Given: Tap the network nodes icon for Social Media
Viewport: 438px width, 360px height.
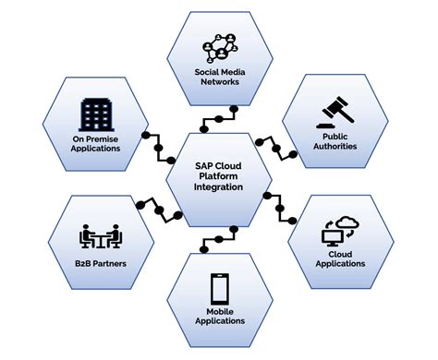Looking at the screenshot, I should (219, 47).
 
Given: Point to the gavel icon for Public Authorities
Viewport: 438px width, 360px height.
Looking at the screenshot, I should (336, 116).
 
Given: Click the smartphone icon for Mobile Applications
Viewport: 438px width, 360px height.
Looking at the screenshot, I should (219, 290).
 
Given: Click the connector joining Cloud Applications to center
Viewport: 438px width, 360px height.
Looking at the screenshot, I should (280, 207).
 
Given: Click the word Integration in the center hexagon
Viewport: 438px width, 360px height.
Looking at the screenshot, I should (219, 187).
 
